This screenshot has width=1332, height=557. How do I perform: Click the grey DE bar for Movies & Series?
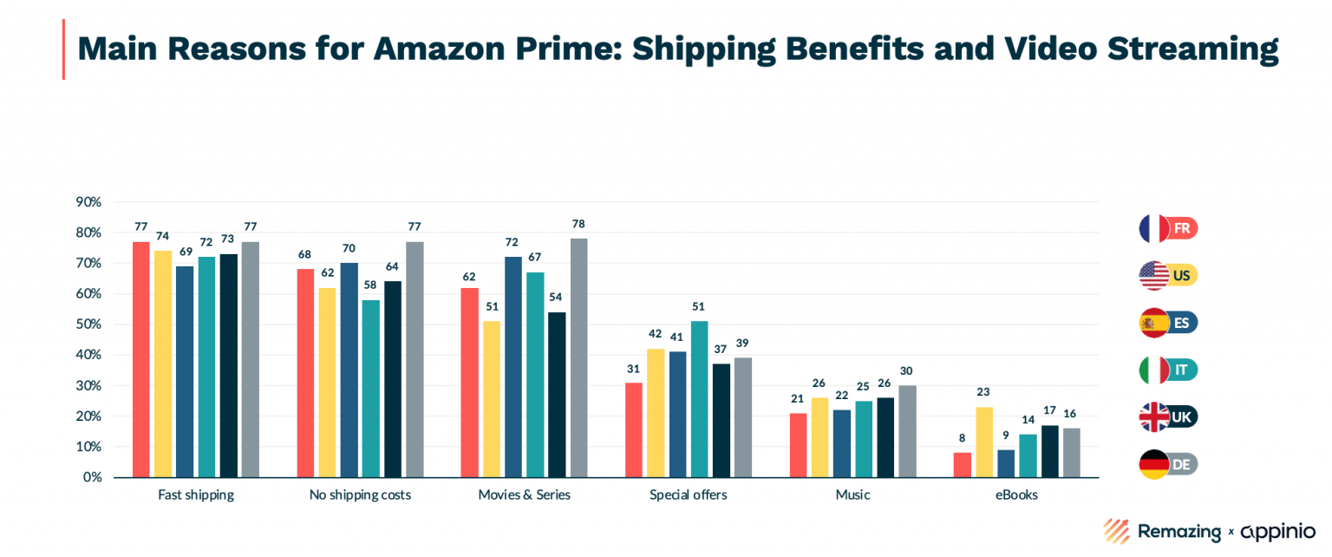(x=578, y=357)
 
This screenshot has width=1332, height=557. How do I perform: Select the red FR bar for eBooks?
(x=963, y=465)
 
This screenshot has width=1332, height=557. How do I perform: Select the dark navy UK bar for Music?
(x=885, y=437)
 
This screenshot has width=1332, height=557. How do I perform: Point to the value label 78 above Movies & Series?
(x=578, y=224)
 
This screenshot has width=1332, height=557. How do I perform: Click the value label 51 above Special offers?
(x=699, y=306)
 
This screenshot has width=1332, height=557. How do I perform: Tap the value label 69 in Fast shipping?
(x=185, y=252)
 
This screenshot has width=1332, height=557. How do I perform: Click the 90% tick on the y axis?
(x=89, y=202)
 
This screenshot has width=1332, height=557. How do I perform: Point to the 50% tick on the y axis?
(x=89, y=324)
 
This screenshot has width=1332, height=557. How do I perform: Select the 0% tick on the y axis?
(x=93, y=477)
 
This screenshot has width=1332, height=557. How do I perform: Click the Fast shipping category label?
(x=195, y=495)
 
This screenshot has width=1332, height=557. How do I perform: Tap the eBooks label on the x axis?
(x=1017, y=495)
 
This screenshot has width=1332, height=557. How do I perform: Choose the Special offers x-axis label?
(x=689, y=495)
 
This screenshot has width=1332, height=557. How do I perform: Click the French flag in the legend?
(x=1154, y=229)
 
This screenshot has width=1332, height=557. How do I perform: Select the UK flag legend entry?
(x=1154, y=417)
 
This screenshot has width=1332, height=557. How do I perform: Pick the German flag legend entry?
(x=1154, y=464)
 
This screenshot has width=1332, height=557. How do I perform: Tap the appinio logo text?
(x=1277, y=531)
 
